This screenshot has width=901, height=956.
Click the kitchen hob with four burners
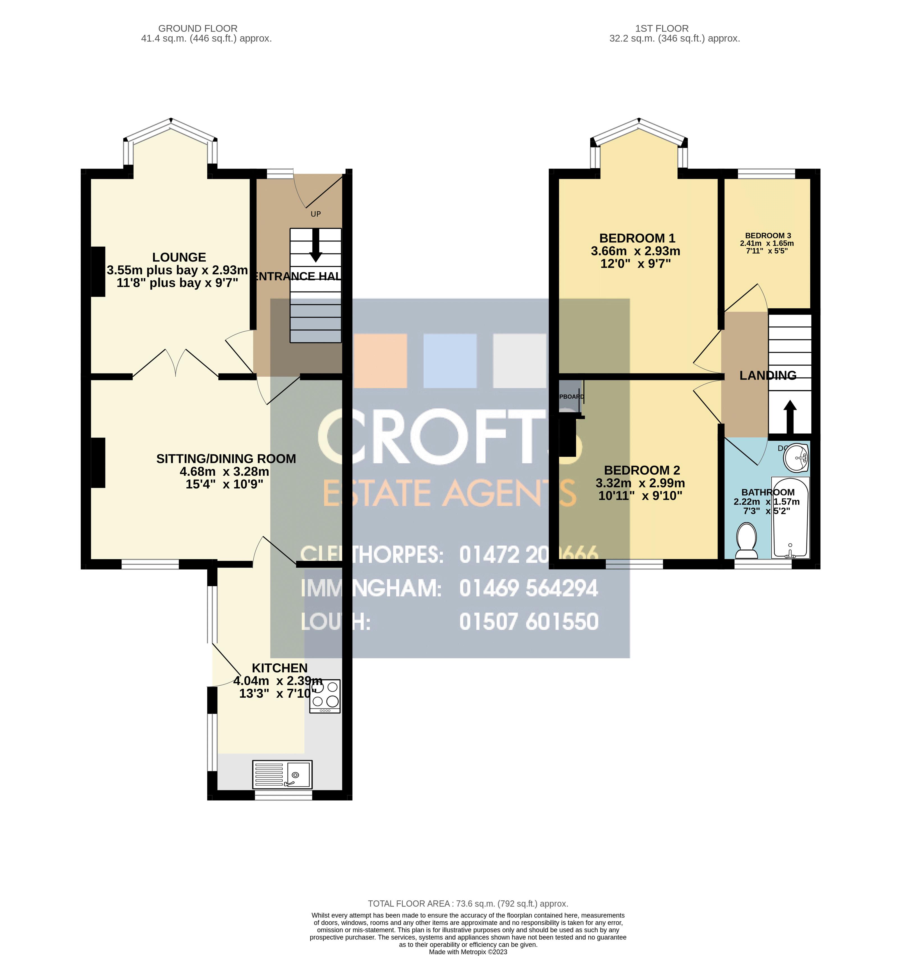click(325, 696)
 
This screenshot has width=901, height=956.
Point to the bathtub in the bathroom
click(790, 517)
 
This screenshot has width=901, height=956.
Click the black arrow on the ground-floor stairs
click(316, 245)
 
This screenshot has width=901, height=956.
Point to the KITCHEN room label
click(280, 668)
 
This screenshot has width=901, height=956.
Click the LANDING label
click(767, 375)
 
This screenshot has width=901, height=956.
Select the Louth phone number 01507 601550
click(529, 621)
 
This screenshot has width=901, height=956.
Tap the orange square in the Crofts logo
click(380, 361)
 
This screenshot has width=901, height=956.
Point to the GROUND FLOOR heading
click(198, 28)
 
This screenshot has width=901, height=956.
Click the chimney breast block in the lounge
click(98, 271)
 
